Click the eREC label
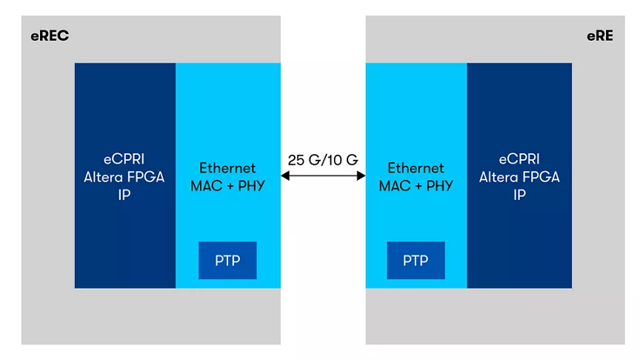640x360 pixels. point(50,36)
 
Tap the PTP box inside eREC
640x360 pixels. point(227,261)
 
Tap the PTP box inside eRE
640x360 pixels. point(416,261)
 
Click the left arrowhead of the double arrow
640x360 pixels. point(285,176)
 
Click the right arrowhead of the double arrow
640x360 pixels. point(362,176)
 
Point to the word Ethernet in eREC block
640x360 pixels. point(227,167)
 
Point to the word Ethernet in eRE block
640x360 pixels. point(416,167)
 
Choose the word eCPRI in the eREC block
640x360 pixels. point(124,159)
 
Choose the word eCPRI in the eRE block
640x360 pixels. point(519,159)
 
